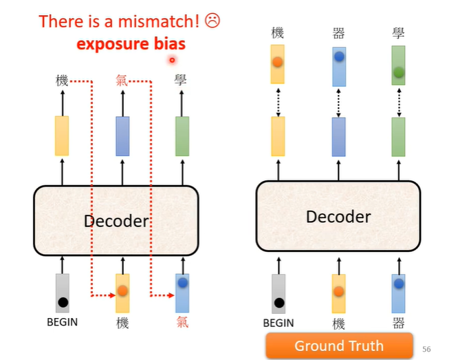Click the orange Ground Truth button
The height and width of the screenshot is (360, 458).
click(x=339, y=346)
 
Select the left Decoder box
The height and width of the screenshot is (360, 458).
click(x=116, y=220)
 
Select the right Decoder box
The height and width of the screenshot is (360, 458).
click(x=338, y=216)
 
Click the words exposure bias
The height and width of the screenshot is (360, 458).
click(x=131, y=44)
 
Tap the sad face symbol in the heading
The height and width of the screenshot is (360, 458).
click(x=212, y=21)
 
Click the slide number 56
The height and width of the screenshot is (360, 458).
click(x=426, y=349)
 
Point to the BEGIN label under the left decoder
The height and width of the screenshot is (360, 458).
click(x=62, y=321)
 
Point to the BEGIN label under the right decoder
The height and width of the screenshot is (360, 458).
click(x=278, y=323)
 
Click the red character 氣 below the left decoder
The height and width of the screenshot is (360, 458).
click(x=182, y=322)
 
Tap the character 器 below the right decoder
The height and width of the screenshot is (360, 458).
click(x=398, y=323)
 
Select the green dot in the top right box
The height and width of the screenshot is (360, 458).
click(x=398, y=72)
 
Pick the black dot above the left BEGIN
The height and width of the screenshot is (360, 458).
click(x=63, y=301)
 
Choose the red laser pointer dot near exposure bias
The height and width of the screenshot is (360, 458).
click(x=172, y=60)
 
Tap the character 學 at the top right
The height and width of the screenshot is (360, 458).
click(x=398, y=32)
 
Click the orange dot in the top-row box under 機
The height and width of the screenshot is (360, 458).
click(x=278, y=62)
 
